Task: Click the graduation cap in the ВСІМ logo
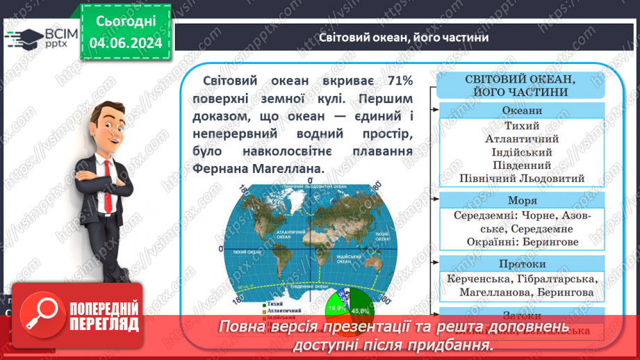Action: (24, 38)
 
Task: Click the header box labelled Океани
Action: (521, 110)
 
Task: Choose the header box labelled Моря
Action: (521, 200)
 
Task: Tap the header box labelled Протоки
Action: (521, 264)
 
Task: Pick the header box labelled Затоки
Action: (521, 314)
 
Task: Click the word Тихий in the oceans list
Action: (522, 126)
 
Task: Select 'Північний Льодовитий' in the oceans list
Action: (522, 178)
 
